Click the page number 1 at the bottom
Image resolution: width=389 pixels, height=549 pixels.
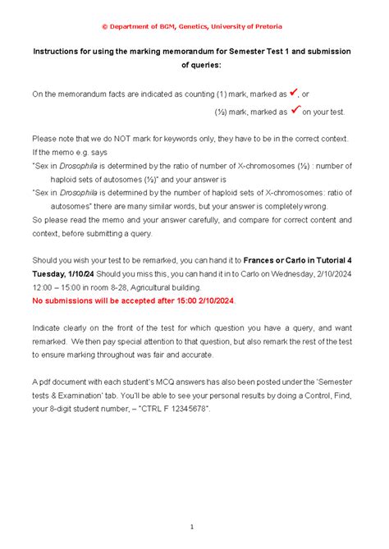pos(191,526)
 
